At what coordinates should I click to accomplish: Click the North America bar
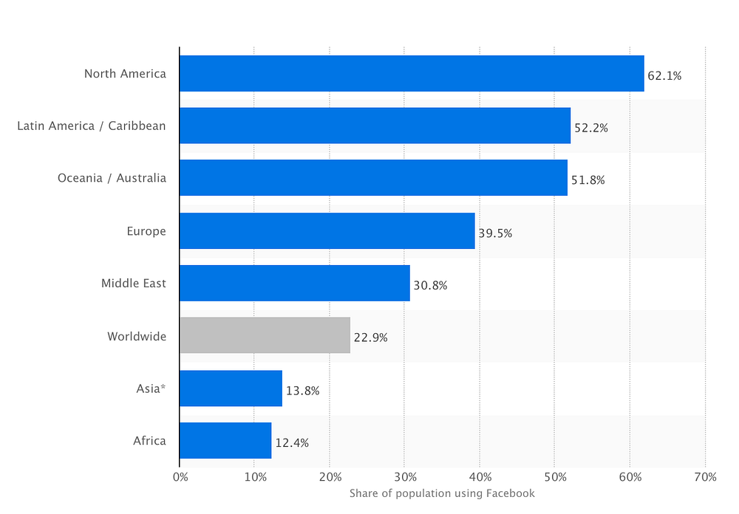(412, 74)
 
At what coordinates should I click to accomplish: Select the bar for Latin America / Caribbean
(375, 126)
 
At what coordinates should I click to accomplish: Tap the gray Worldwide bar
(265, 335)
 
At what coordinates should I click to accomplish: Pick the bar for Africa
(225, 440)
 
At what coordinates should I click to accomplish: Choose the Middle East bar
(295, 283)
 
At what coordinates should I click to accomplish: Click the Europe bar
(327, 231)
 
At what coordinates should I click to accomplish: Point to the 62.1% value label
(664, 76)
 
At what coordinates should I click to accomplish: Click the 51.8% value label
(588, 180)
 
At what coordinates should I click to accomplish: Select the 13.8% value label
(302, 391)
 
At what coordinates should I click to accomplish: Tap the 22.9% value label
(371, 337)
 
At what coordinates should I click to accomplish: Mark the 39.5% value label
(495, 233)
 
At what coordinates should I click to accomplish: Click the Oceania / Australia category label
(112, 178)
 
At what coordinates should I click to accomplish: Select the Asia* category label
(151, 388)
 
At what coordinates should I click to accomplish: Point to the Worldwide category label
(137, 336)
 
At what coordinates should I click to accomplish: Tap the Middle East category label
(133, 283)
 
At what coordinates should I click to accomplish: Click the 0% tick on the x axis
(180, 477)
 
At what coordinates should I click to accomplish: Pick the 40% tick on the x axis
(480, 477)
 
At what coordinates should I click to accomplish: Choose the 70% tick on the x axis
(706, 477)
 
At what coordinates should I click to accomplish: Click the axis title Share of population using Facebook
(442, 494)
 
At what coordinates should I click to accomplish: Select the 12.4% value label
(292, 443)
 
